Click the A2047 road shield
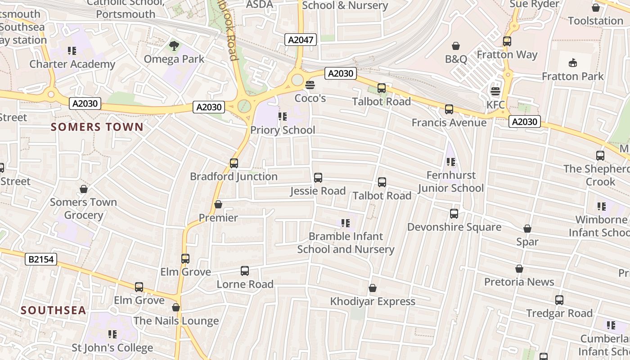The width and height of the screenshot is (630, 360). (301, 40)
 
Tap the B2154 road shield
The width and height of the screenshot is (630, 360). (41, 259)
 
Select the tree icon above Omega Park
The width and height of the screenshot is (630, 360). (174, 46)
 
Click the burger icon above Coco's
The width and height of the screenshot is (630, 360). (310, 85)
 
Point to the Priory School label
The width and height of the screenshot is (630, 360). (283, 130)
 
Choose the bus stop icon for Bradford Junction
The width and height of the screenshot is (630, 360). (234, 163)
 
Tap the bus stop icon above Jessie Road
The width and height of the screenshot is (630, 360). (318, 178)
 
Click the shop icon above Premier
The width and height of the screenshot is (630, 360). (218, 205)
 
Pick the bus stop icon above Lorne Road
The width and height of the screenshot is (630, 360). (244, 271)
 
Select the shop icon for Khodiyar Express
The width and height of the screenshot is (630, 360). (373, 288)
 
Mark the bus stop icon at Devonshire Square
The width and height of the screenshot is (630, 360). (454, 214)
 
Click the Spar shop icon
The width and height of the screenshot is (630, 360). (527, 229)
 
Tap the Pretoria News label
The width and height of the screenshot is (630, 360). (519, 282)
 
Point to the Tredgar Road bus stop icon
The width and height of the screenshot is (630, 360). (559, 300)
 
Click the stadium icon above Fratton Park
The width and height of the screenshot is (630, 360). (572, 63)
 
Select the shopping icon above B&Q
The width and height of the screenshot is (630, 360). (456, 46)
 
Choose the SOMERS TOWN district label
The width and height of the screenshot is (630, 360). (97, 127)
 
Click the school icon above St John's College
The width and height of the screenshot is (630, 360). (112, 334)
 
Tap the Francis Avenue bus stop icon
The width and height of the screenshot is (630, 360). (449, 109)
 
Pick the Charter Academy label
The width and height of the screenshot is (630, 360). (72, 64)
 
